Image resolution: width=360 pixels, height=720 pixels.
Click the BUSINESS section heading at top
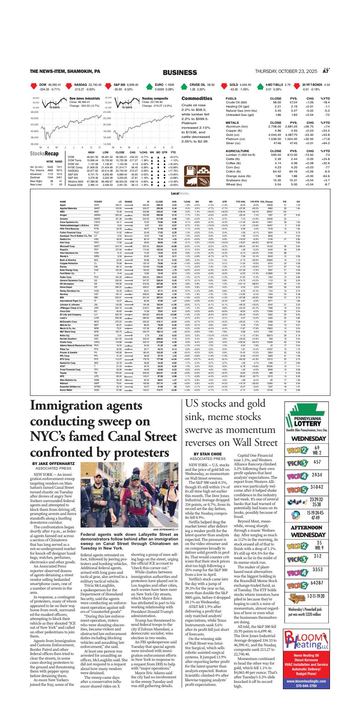pyautogui.click(x=180, y=72)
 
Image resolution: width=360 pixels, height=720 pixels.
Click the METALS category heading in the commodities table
pyautogui.click(x=232, y=123)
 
